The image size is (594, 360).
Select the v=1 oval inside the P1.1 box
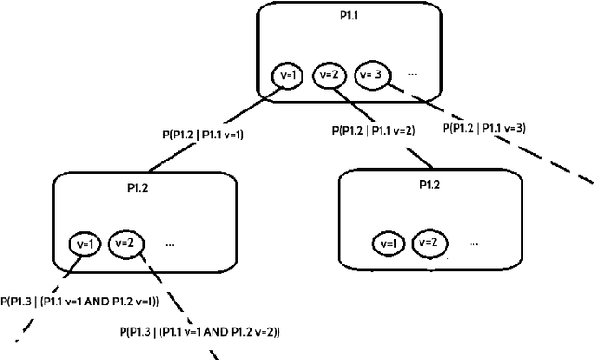point(288,75)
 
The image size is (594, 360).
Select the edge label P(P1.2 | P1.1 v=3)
point(484,128)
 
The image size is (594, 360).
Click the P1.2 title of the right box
point(429,186)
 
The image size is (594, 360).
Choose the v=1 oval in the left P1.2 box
point(84,244)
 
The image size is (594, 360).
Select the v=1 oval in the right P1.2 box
point(387,243)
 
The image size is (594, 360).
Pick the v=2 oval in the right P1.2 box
point(428,242)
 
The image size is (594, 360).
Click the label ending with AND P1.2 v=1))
point(80,301)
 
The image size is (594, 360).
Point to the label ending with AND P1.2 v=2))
point(200,331)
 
